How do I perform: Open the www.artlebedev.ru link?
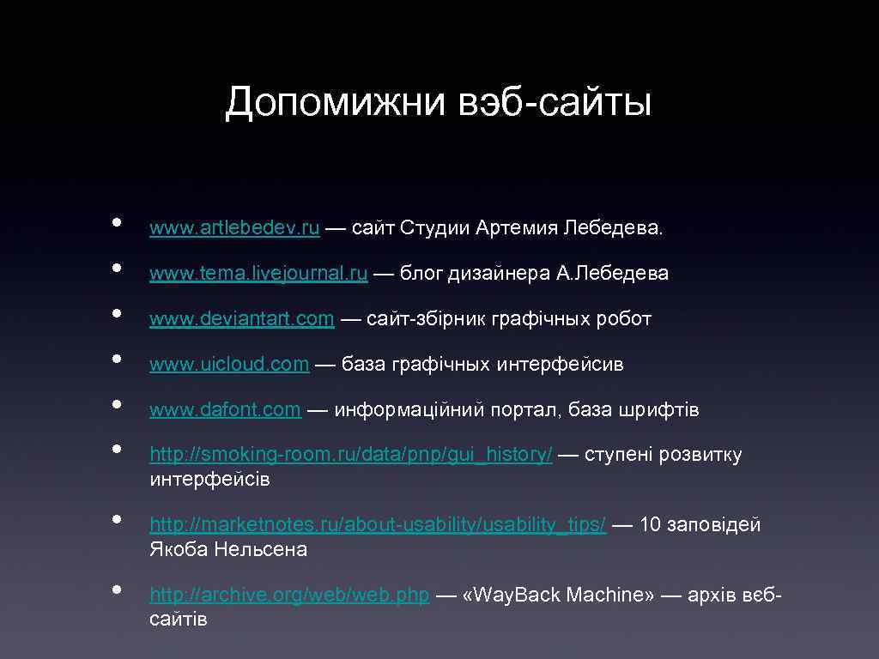tap(234, 228)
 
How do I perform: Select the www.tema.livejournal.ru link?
tap(258, 274)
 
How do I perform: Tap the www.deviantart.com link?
tap(241, 319)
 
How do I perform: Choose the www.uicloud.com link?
tap(229, 365)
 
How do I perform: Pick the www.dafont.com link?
tap(225, 410)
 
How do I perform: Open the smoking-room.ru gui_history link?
tap(351, 455)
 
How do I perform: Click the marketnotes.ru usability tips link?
tap(378, 525)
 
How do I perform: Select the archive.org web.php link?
tap(289, 596)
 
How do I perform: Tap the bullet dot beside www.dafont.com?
tap(115, 402)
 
